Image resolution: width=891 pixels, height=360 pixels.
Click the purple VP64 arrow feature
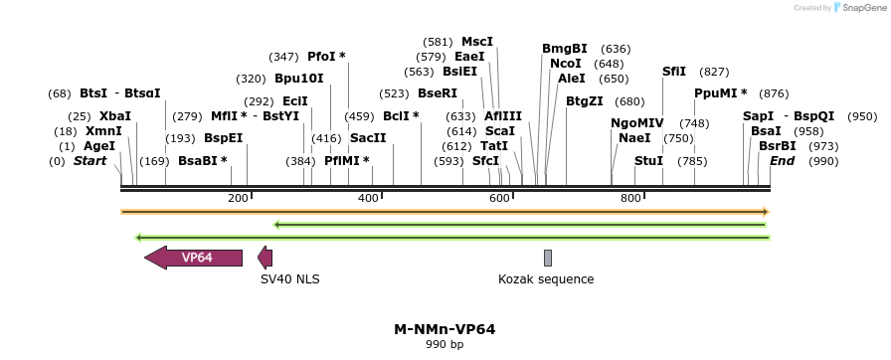(x=195, y=258)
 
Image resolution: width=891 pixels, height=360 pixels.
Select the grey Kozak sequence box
(x=548, y=258)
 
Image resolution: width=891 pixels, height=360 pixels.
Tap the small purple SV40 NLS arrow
(x=265, y=258)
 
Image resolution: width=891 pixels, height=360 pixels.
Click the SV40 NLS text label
(x=290, y=279)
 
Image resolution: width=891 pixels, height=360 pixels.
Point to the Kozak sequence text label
(x=546, y=279)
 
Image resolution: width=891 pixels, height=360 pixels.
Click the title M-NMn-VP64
(x=445, y=329)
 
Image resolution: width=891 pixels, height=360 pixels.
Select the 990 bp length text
(x=445, y=345)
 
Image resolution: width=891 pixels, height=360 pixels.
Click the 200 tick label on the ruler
(x=238, y=199)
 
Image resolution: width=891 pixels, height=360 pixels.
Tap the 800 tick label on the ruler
(x=630, y=199)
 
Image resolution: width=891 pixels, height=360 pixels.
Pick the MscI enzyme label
(x=477, y=42)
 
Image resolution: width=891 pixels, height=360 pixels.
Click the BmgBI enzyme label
(x=565, y=49)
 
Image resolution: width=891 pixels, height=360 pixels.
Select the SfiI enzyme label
(x=674, y=72)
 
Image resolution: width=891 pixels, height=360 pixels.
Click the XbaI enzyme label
(x=115, y=116)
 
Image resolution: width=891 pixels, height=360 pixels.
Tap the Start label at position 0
(x=89, y=160)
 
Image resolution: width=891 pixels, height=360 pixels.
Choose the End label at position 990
(x=783, y=160)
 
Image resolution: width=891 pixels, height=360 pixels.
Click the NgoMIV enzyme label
(x=636, y=123)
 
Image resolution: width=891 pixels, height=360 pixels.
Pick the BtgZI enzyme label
(x=585, y=100)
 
